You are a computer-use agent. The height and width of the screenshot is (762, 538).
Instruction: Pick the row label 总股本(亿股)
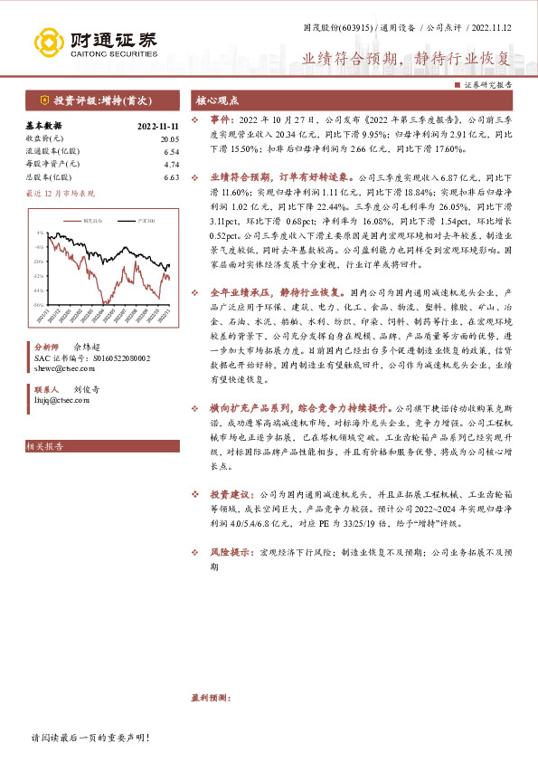pos(52,177)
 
